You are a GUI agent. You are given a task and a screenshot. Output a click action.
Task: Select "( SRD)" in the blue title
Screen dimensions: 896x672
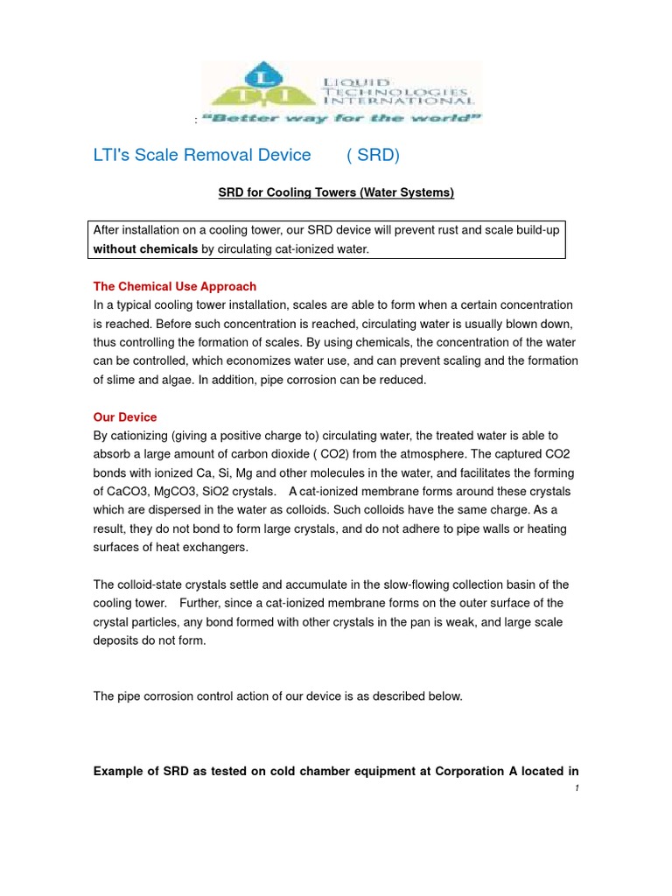[373, 155]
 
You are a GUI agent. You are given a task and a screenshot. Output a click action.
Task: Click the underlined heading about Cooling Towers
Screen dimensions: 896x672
[336, 192]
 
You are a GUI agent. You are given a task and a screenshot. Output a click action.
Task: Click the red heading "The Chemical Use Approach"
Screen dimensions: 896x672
[175, 286]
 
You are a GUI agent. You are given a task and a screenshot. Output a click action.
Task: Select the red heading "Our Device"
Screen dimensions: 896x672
[125, 417]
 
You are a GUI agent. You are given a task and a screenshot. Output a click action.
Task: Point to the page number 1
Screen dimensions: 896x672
[577, 788]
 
